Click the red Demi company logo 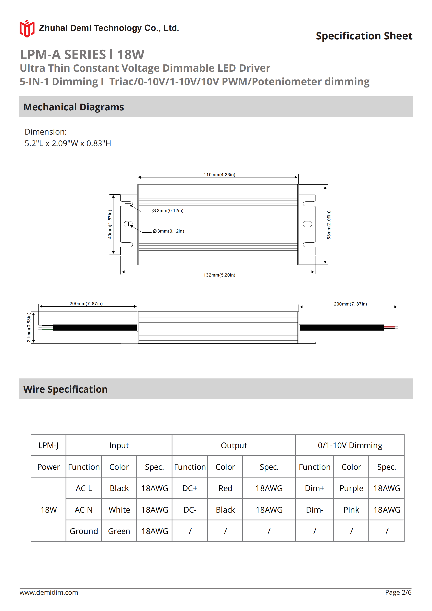click(27, 29)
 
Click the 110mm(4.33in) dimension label click(219, 175)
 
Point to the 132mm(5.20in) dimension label click(219, 275)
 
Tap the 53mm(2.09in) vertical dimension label click(329, 225)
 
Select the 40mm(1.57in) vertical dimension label click(110, 224)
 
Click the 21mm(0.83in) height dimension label click(29, 327)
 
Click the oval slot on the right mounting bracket click(307, 224)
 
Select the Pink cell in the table click(351, 510)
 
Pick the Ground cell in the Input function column click(84, 531)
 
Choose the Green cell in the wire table click(119, 531)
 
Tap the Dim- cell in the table click(315, 510)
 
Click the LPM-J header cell click(48, 445)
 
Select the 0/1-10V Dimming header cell click(350, 445)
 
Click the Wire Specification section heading click(66, 389)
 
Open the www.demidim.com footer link click(49, 592)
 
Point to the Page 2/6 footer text click(398, 592)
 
